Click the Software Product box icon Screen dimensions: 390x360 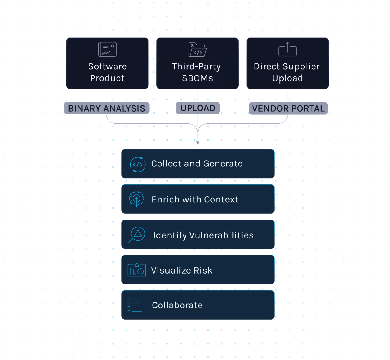point(107,49)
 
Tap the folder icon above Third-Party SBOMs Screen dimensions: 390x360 point(197,50)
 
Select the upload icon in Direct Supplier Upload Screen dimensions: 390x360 point(288,49)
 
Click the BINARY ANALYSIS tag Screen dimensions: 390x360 point(106,108)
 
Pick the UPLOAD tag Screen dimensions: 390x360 point(198,108)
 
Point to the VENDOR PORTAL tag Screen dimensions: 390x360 point(288,108)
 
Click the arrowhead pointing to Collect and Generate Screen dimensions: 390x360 point(198,143)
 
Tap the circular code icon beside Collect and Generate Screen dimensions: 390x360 point(138,164)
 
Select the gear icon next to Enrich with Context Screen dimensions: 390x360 point(137,199)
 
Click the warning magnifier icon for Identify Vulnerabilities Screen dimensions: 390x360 point(137,235)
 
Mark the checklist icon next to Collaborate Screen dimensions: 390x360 point(136,305)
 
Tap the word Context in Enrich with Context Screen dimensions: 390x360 point(221,199)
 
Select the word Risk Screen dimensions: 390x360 point(203,270)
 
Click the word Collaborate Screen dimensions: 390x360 point(177,305)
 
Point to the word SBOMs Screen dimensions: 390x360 point(197,78)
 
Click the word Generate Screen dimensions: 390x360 point(223,163)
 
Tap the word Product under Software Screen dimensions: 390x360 point(107,78)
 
